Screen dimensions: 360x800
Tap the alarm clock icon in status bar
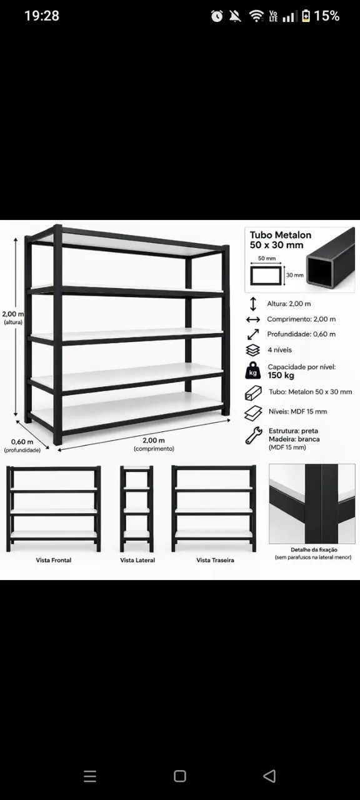pos(217,16)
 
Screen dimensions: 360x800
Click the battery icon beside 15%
pos(306,16)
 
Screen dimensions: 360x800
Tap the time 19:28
pos(42,16)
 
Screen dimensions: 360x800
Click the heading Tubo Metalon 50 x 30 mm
pos(281,240)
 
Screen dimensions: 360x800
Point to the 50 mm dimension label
pos(267,258)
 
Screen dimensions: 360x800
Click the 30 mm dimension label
pos(294,275)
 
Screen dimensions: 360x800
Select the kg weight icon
pos(253,371)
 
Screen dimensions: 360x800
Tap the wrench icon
pos(254,436)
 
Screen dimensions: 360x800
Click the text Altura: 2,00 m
pos(289,304)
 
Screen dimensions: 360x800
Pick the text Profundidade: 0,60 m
pos(301,334)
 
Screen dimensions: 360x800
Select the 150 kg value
pos(281,376)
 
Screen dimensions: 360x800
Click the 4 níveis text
pos(279,350)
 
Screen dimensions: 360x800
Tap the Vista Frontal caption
pos(54,560)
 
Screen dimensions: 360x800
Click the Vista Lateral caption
pos(137,560)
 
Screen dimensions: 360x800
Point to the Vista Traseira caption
pos(215,560)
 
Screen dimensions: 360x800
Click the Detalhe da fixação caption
pos(314,549)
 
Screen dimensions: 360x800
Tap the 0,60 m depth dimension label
pos(22,442)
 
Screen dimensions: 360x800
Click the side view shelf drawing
pos(137,509)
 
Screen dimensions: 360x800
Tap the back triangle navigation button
pos(269,776)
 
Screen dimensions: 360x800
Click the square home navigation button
pos(179,776)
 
